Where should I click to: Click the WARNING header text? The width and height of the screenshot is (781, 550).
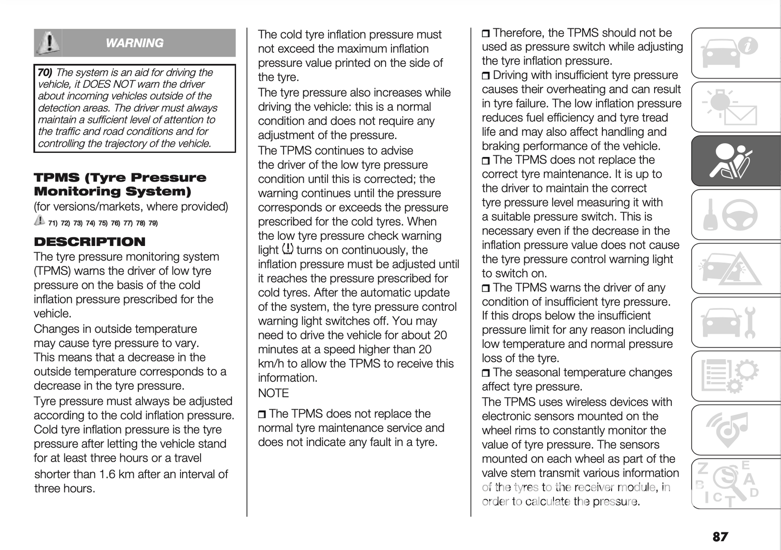pos(134,43)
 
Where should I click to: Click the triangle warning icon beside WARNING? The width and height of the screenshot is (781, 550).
pos(48,42)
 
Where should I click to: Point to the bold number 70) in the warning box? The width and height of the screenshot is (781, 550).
pos(45,73)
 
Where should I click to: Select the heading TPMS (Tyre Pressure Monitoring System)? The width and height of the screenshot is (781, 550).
pos(120,184)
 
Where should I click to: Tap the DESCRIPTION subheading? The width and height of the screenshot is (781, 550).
pos(90,242)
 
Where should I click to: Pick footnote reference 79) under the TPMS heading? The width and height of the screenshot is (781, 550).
pos(153,224)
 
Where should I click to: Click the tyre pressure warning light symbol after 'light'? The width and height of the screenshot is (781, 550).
pos(288,249)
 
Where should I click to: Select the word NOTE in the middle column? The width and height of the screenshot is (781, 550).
pos(273,393)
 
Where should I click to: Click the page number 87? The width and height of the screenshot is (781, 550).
pos(720,537)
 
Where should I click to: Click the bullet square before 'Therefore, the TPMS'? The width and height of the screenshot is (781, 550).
pos(486,34)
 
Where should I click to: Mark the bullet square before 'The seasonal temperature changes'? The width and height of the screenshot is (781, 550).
pos(486,373)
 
